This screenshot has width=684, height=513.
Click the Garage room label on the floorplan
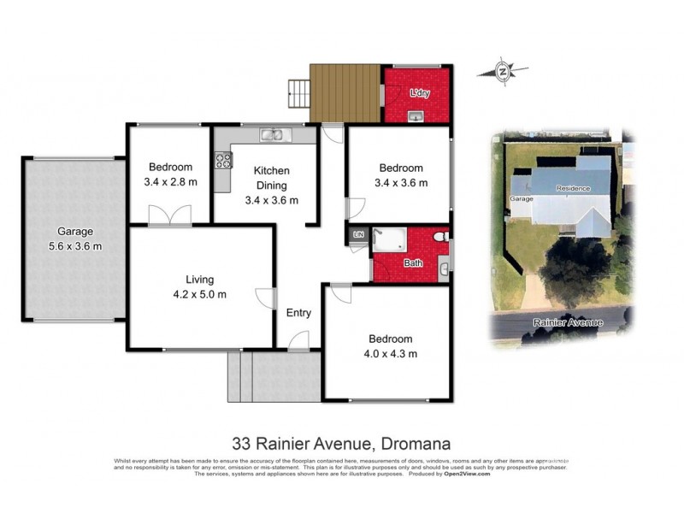(74, 231)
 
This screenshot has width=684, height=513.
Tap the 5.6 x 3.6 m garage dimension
(74, 246)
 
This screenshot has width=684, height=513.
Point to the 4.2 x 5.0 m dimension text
(199, 295)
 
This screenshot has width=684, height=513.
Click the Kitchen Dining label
(271, 178)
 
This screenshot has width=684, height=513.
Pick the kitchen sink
(273, 134)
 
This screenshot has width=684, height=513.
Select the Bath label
(413, 263)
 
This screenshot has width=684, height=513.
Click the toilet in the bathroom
(440, 237)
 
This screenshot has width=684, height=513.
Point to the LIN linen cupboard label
(359, 234)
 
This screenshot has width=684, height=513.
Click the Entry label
(298, 313)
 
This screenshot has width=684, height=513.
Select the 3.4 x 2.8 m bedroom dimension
(170, 182)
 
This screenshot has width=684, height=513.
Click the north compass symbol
(503, 73)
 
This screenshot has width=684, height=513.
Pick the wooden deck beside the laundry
(345, 91)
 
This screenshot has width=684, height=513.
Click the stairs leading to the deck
(298, 91)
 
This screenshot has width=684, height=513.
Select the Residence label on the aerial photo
(573, 188)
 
